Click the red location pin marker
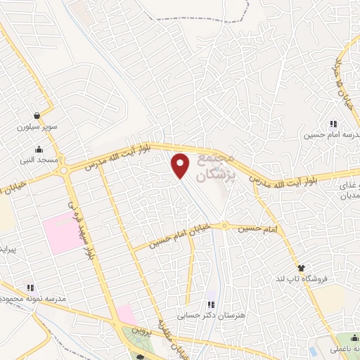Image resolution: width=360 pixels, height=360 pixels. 181,164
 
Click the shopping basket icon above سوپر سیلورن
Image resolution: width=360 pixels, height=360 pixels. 36,116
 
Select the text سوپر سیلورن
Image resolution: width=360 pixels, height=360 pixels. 36,128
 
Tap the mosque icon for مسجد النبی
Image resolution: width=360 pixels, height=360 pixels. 38,149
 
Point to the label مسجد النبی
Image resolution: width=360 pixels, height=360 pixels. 38,161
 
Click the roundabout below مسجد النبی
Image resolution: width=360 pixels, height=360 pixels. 65,171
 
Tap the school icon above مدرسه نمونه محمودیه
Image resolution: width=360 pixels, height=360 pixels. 30,288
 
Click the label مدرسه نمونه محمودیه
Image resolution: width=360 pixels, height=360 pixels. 34,299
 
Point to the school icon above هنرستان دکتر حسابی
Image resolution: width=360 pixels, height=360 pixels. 210,304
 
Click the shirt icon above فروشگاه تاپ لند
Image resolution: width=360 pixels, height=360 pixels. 301,268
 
